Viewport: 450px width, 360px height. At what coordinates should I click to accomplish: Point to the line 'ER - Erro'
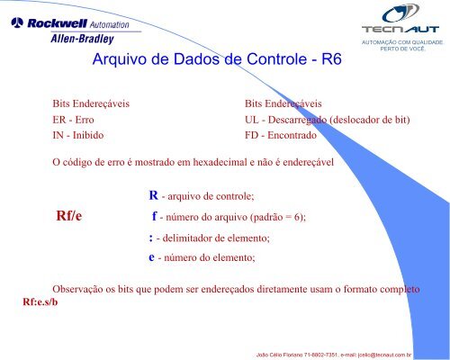pyautogui.click(x=74, y=118)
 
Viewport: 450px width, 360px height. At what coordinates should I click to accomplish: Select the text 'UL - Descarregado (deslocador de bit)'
pyautogui.click(x=329, y=118)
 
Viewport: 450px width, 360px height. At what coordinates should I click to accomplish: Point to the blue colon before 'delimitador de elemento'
pyautogui.click(x=150, y=238)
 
